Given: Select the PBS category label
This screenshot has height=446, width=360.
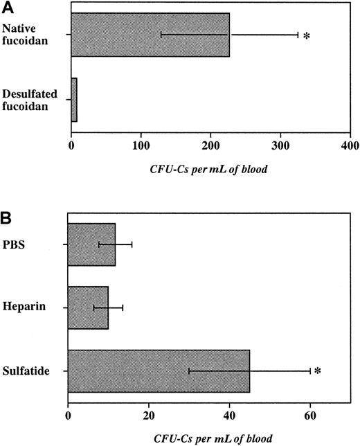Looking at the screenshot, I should [x=35, y=244].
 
